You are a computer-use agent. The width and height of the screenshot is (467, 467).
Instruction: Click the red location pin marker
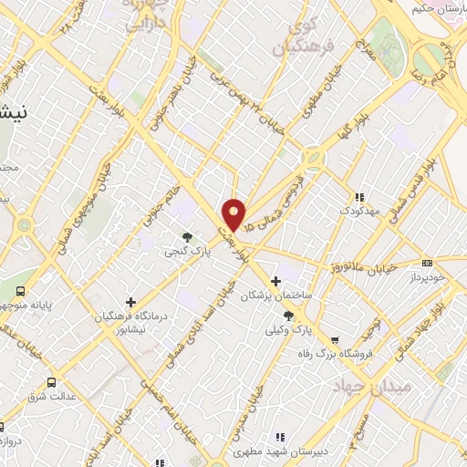pos(235,213)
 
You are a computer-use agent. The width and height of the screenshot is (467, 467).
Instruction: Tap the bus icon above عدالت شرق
pos(51,382)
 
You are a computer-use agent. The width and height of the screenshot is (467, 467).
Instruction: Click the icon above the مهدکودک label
pos(359,196)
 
